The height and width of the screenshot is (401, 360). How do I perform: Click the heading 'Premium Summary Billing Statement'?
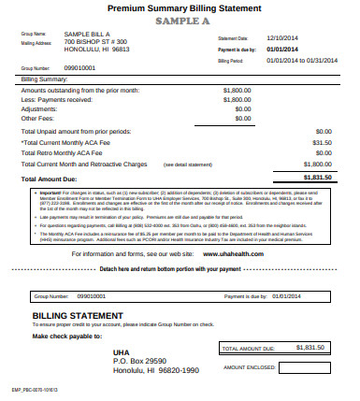(180, 7)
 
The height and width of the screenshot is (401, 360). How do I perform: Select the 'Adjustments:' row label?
(40, 107)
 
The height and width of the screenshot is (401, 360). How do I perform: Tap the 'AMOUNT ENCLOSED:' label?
(248, 367)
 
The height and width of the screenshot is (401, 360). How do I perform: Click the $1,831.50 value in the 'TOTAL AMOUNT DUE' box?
(309, 347)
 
